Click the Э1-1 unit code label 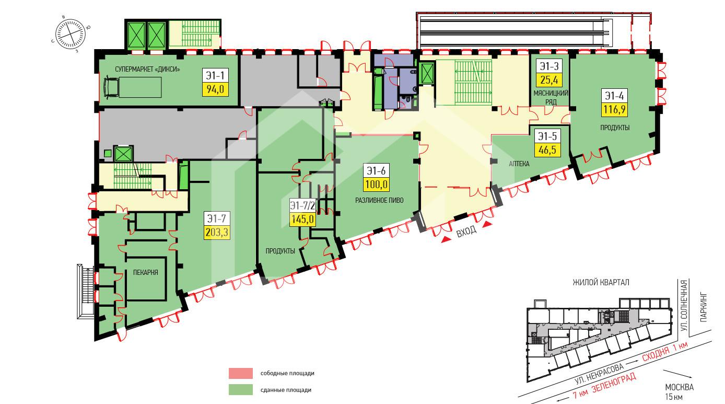tap(216, 75)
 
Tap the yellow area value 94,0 tap(216, 89)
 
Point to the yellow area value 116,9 tap(614, 110)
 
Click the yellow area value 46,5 tap(547, 150)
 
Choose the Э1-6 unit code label tap(376, 171)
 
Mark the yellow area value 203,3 tap(217, 232)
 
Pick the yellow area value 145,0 tap(302, 220)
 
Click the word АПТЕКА tap(519, 164)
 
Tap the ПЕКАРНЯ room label tap(146, 272)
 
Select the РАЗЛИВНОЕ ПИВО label tap(379, 200)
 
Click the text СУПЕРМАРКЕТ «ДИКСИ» tap(148, 70)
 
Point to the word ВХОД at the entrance tap(466, 231)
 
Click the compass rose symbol tap(70, 34)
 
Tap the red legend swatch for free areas tap(241, 373)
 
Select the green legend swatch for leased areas tap(241, 390)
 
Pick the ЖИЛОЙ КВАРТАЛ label tap(601, 283)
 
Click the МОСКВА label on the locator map tap(680, 387)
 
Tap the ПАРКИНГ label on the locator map tap(704, 307)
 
